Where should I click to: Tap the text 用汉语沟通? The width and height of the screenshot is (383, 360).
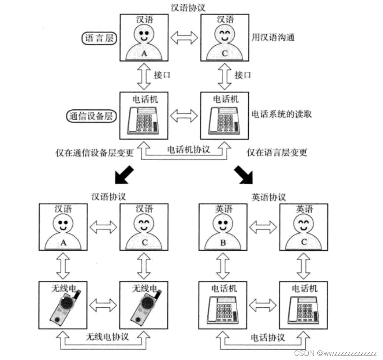click(x=273, y=38)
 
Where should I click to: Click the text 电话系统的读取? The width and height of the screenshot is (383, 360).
click(x=281, y=114)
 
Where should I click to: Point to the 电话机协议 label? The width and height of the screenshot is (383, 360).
click(x=189, y=149)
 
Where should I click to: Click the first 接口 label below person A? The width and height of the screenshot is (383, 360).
click(x=161, y=76)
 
